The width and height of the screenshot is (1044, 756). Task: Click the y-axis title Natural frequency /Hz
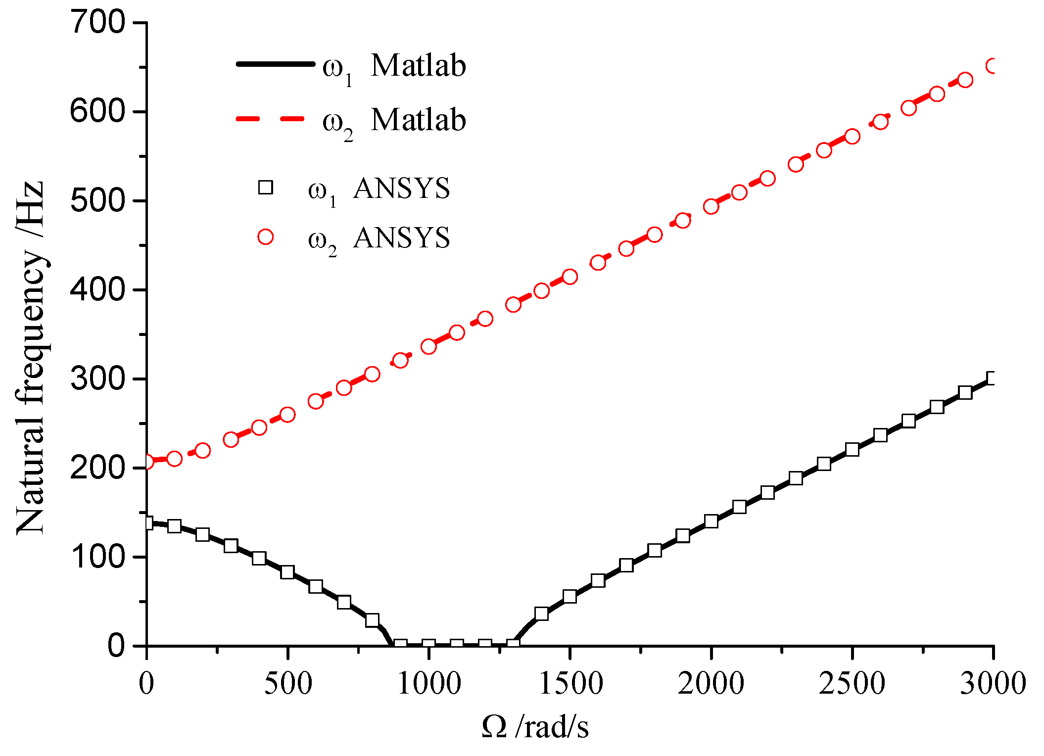tap(31, 357)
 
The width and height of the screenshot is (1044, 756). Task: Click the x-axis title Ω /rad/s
tap(535, 727)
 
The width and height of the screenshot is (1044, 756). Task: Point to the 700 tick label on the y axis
tap(98, 23)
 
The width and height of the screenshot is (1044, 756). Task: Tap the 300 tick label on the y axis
tap(98, 379)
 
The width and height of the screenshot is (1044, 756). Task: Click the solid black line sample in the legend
tap(275, 64)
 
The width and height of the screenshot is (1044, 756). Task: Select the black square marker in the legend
tap(266, 188)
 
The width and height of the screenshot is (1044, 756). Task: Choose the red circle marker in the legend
tap(266, 237)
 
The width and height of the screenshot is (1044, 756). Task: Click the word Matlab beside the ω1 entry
tap(418, 65)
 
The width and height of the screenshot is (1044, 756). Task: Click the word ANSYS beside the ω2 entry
tap(401, 237)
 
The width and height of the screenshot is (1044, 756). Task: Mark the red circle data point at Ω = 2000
tap(711, 206)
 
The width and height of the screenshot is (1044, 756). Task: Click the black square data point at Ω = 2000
tap(711, 521)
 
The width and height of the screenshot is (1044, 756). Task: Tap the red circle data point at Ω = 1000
tap(428, 346)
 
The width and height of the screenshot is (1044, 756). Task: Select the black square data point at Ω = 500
tap(287, 572)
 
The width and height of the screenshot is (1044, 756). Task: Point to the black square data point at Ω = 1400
tap(541, 614)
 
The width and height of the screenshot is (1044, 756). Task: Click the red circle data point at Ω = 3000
tap(993, 66)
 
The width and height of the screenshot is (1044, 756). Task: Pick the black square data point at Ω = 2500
tap(852, 449)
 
